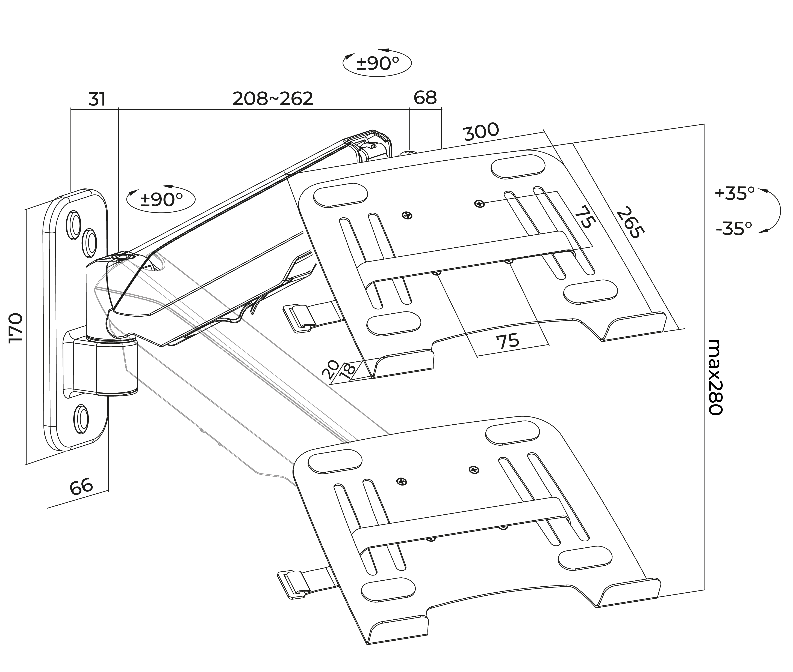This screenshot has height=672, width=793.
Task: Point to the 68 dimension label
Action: [425, 98]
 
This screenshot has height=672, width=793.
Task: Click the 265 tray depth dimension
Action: [630, 222]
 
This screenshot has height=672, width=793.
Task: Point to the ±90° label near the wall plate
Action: [161, 199]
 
